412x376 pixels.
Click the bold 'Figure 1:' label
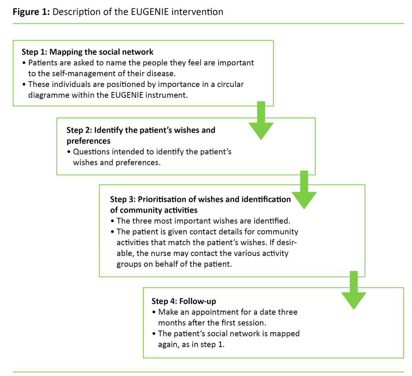(31, 12)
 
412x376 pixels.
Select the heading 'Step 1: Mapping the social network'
(87, 52)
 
